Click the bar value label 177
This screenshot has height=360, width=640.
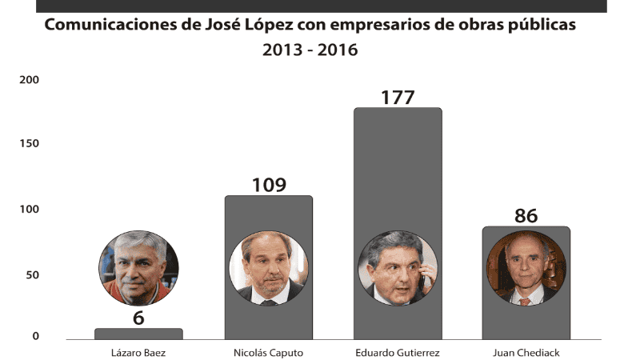pyautogui.click(x=398, y=98)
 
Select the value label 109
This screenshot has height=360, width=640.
pyautogui.click(x=269, y=185)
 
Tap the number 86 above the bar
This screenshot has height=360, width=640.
pyautogui.click(x=526, y=216)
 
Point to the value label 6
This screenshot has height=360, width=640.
pyautogui.click(x=138, y=317)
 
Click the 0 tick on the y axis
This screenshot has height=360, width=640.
pyautogui.click(x=36, y=336)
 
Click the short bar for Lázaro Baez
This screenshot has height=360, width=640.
pyautogui.click(x=138, y=333)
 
